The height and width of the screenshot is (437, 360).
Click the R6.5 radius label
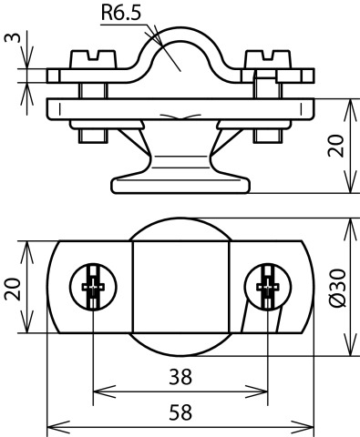click(x=121, y=13)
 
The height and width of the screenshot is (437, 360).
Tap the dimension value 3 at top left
click(x=13, y=37)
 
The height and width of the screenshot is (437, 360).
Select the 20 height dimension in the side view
click(x=336, y=146)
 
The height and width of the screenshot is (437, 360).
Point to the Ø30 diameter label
click(x=337, y=288)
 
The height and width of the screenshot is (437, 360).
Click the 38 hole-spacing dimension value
click(x=180, y=377)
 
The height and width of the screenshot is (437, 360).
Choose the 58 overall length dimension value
click(x=180, y=412)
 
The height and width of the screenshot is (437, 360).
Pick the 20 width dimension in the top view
click(x=13, y=289)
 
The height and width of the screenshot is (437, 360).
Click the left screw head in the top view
click(x=93, y=287)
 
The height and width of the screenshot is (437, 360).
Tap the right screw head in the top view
click(x=268, y=287)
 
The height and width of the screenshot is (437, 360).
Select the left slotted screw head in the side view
click(x=93, y=59)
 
